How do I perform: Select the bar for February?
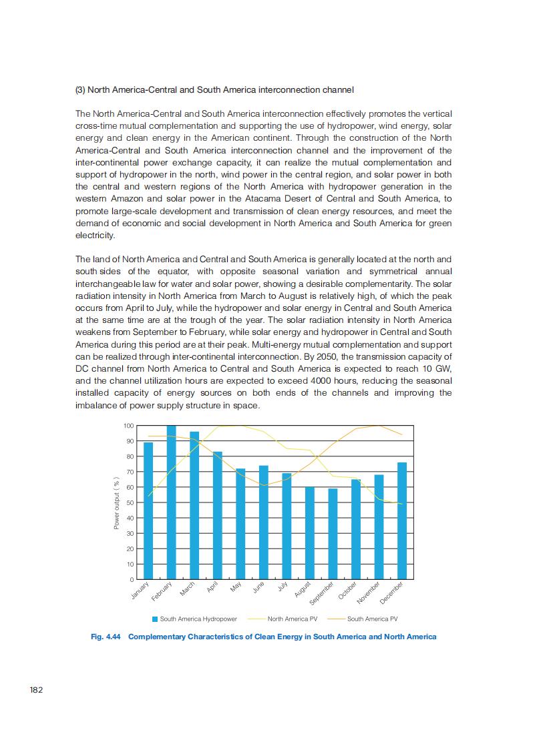point(171,502)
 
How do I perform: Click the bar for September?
point(333,534)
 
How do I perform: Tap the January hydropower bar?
point(148,510)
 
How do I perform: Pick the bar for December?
point(401,520)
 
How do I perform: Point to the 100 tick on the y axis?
point(129,426)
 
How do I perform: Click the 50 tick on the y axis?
point(130,502)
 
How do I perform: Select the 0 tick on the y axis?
point(132,579)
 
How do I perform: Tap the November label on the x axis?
point(368,592)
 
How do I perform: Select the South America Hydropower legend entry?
point(194,619)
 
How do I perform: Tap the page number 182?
point(36,689)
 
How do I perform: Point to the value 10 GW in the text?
point(438,368)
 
